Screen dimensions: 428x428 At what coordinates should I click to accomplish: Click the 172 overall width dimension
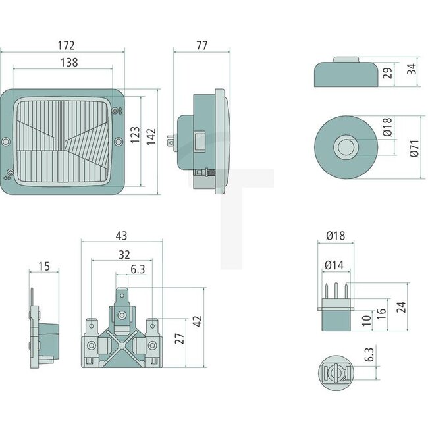coord(66,45)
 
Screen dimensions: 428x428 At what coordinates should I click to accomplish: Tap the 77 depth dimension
coord(201,45)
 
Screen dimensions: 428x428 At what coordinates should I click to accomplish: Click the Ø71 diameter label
coord(413,147)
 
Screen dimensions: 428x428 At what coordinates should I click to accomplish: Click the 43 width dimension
coord(120,235)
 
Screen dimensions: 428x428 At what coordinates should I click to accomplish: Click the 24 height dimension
coord(402,307)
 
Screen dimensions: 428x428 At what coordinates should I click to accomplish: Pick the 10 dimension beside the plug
coord(366,320)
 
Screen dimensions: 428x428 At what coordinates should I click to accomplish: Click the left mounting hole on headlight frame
coord(7,142)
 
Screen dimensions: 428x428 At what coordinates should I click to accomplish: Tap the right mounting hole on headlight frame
coord(119,142)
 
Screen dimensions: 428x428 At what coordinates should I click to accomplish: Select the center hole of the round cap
coord(345,147)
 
